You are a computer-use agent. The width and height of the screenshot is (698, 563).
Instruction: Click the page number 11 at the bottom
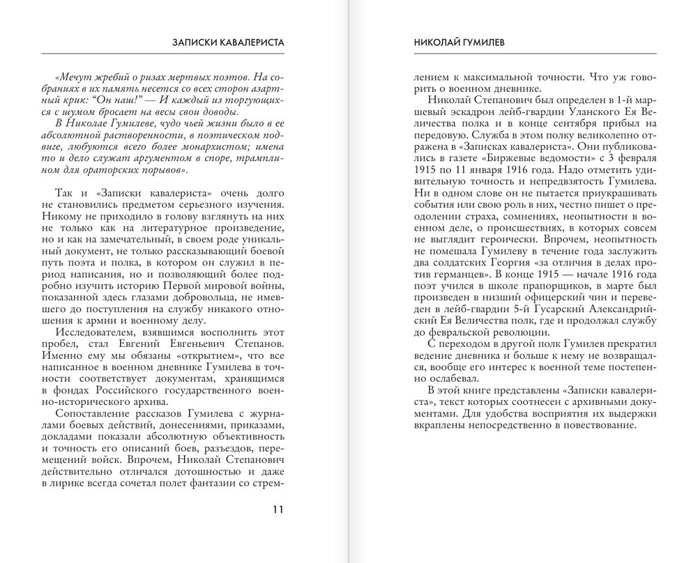point(277,508)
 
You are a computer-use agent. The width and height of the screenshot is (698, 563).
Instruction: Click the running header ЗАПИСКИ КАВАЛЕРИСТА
point(229,42)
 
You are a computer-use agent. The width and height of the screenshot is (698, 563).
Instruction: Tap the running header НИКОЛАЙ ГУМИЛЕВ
point(448,42)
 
